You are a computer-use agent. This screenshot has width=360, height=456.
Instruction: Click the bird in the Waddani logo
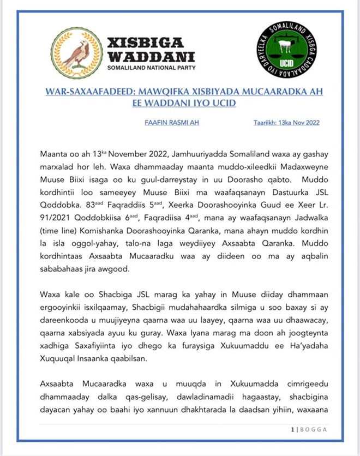tap(77, 53)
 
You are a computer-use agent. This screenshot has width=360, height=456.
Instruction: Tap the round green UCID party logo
tap(285, 53)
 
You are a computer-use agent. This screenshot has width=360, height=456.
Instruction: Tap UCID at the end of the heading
tap(224, 103)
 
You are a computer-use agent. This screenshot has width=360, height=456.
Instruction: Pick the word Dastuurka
tap(279, 192)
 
